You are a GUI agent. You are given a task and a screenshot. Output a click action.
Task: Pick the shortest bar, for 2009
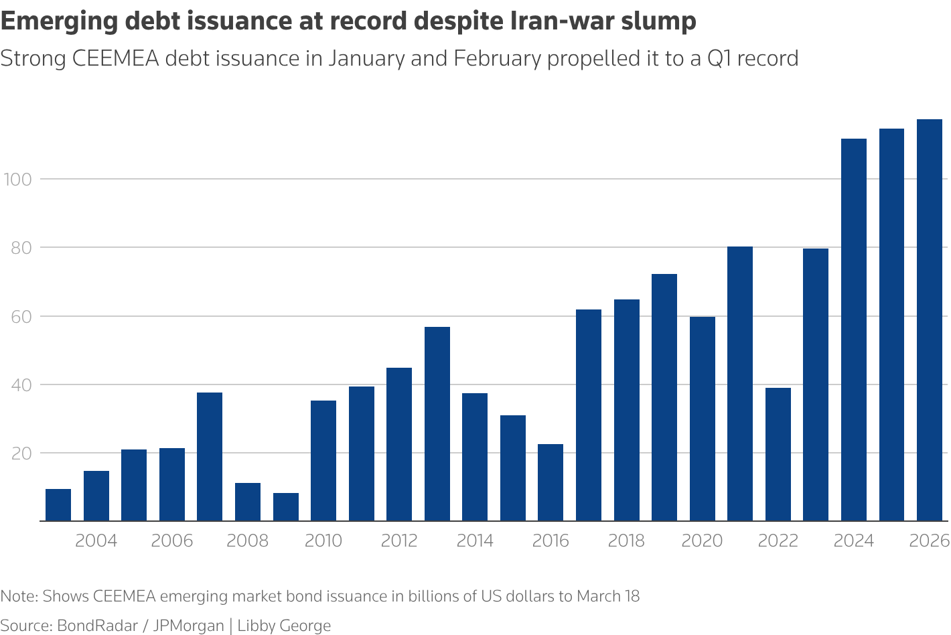(286, 507)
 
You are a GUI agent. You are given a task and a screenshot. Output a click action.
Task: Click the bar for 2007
(210, 457)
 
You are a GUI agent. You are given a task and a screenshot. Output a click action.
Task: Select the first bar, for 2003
(58, 505)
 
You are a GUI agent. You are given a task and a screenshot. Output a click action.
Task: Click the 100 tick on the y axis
(18, 180)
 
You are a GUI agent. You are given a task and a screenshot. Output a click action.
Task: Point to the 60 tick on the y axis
(20, 316)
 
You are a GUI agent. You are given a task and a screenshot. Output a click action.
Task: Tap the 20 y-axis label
(20, 453)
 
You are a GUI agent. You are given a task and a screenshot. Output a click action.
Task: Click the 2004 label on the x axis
(96, 541)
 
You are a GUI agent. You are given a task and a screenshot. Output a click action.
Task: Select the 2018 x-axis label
(626, 541)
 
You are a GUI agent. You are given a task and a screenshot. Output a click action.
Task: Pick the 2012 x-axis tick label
(399, 541)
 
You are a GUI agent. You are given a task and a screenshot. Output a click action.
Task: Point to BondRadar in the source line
(97, 626)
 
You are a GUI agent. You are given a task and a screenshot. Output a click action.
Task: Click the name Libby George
(284, 626)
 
